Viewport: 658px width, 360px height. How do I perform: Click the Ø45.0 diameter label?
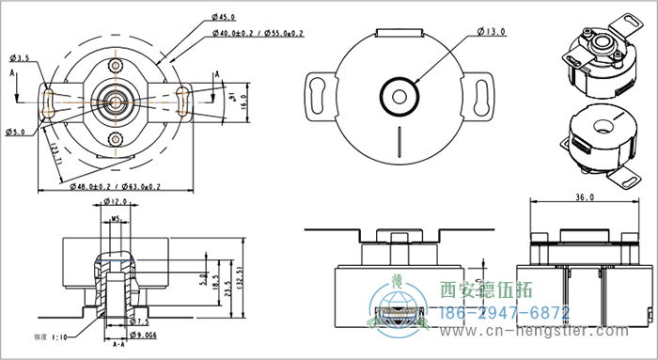point(226,17)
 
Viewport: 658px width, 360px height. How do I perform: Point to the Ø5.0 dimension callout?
point(15,131)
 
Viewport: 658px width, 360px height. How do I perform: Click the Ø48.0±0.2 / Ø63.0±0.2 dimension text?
point(116,187)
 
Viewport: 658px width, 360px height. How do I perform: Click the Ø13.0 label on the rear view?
point(491,31)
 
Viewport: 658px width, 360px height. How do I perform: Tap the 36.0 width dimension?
point(585,198)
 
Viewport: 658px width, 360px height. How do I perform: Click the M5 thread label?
point(116,221)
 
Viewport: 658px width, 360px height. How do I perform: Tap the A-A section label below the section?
point(118,346)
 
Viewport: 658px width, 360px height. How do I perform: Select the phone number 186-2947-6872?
point(505,311)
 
